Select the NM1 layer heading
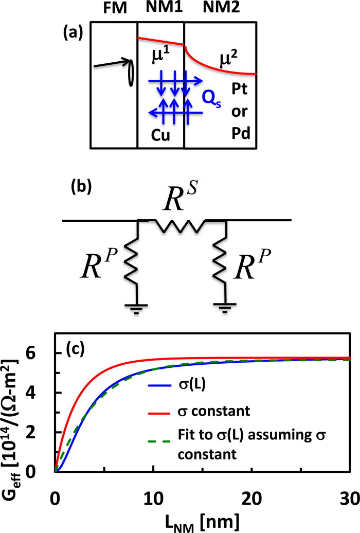pyautogui.click(x=161, y=9)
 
